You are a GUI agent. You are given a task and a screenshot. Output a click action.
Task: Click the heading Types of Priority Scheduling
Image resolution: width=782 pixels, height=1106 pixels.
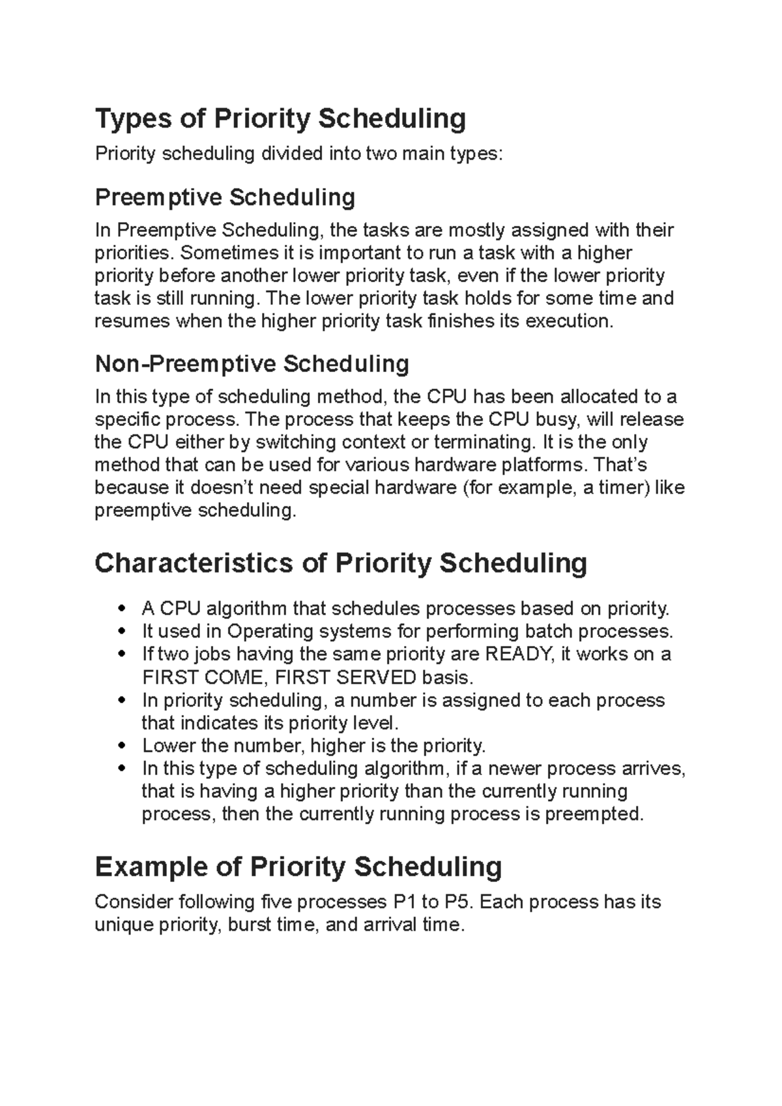click(280, 119)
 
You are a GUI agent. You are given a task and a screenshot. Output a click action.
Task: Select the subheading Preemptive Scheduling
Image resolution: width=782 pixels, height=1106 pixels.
click(225, 197)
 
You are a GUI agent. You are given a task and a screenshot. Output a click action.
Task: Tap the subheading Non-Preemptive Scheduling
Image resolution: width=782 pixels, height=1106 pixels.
click(252, 363)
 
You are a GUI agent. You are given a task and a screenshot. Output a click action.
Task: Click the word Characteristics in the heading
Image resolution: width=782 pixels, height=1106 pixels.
click(194, 563)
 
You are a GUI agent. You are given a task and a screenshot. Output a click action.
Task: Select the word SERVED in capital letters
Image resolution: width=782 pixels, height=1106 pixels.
click(376, 677)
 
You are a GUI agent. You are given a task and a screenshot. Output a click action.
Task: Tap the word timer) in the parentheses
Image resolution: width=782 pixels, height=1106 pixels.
click(624, 488)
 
